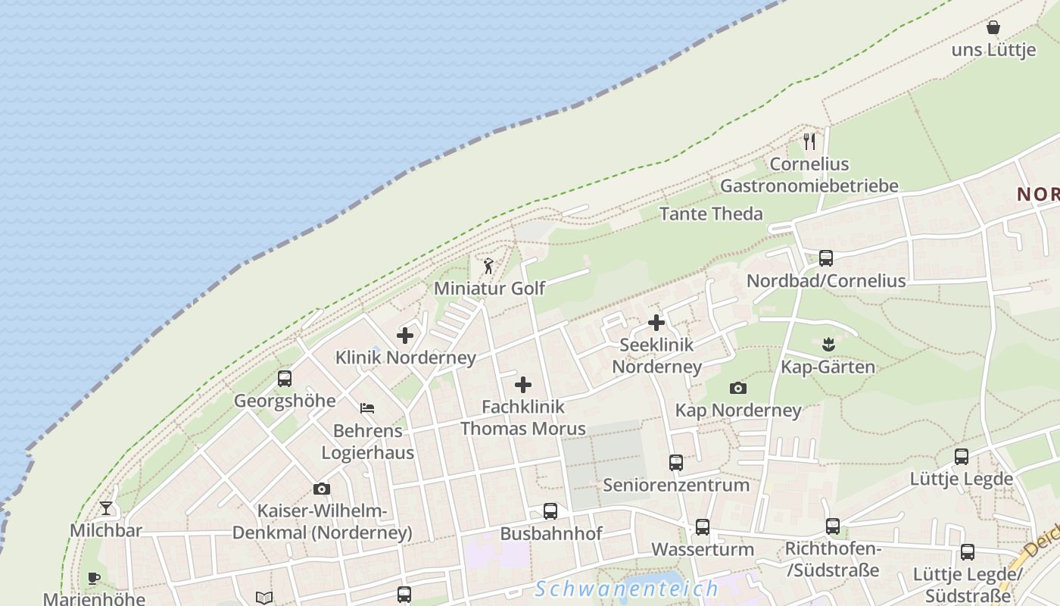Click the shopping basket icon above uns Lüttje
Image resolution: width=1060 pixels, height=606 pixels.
[x=993, y=28]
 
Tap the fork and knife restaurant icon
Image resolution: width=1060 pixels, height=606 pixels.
[x=809, y=141]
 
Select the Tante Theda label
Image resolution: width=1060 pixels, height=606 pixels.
[x=711, y=214]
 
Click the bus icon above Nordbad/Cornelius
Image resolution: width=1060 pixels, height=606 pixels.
[x=826, y=258]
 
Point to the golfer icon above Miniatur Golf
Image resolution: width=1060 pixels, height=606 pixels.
[x=488, y=266]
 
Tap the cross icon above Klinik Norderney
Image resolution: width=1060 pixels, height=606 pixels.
[x=405, y=335]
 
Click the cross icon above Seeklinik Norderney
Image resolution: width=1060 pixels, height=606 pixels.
[x=656, y=323]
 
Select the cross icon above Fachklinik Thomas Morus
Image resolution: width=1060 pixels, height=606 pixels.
[x=523, y=385]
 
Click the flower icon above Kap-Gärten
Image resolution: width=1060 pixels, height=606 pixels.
[x=828, y=345]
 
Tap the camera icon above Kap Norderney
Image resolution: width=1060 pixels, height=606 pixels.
[x=738, y=389]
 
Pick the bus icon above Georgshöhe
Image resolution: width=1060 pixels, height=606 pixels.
[x=285, y=378]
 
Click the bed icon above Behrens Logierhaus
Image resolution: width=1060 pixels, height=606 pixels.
[x=367, y=408]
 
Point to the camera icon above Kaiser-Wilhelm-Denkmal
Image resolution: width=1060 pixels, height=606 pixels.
[x=322, y=489]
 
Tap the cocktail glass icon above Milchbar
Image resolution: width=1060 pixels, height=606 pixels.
[x=106, y=508]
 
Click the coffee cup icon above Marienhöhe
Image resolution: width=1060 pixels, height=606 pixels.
[x=94, y=579]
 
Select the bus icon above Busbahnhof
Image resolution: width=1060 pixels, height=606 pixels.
[x=550, y=511]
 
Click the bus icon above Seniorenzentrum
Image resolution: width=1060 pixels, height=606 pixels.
[x=676, y=462]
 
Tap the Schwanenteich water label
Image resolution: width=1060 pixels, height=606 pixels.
[x=626, y=589]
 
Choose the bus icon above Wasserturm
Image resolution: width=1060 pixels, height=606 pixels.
[x=703, y=527]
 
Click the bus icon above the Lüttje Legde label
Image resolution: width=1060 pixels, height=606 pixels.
[x=962, y=457]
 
